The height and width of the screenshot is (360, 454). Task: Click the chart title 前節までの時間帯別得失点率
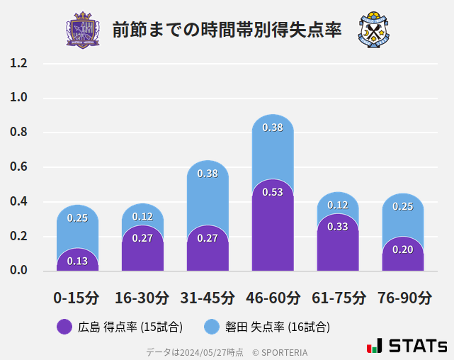click(x=227, y=30)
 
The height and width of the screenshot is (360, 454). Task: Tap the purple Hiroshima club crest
click(x=83, y=30)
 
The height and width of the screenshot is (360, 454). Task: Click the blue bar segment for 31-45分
click(x=208, y=191)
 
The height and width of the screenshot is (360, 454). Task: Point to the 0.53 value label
click(x=273, y=191)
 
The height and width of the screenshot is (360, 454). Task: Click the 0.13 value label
click(x=77, y=261)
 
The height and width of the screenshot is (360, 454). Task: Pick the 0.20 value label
click(x=402, y=249)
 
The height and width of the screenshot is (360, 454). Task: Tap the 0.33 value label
click(x=338, y=227)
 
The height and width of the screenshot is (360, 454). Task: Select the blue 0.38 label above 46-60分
click(x=273, y=128)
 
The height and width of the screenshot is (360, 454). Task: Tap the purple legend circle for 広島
click(x=64, y=327)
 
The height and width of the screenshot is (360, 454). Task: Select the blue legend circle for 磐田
click(x=212, y=327)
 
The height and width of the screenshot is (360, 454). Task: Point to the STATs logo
click(x=407, y=346)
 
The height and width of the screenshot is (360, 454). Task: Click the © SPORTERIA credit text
click(x=280, y=351)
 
